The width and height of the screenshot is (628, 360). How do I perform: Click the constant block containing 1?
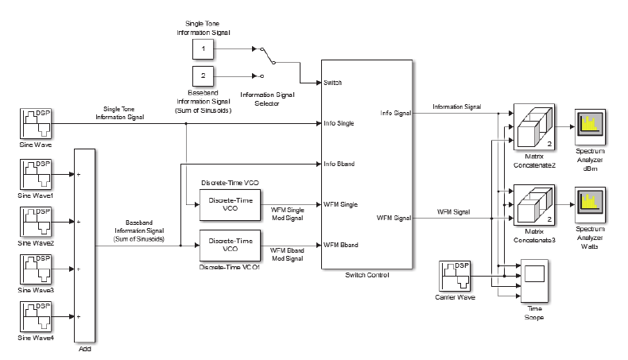pos(204,49)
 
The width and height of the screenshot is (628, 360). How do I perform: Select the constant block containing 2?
pos(204,76)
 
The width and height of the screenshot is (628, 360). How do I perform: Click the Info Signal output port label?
pos(395,113)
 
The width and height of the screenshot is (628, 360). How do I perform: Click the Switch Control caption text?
pos(366,275)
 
